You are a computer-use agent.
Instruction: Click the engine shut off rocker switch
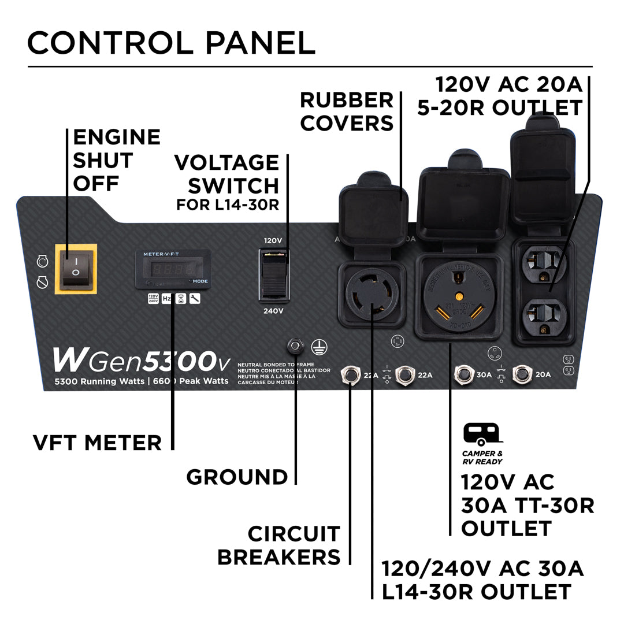tap(76, 269)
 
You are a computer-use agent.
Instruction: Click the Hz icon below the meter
tap(166, 298)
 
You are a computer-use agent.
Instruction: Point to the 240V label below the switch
tap(273, 311)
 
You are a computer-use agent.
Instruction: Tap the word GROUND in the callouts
tap(237, 477)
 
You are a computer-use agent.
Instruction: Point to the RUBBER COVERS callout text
tap(347, 112)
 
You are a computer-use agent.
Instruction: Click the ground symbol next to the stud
tap(316, 346)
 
